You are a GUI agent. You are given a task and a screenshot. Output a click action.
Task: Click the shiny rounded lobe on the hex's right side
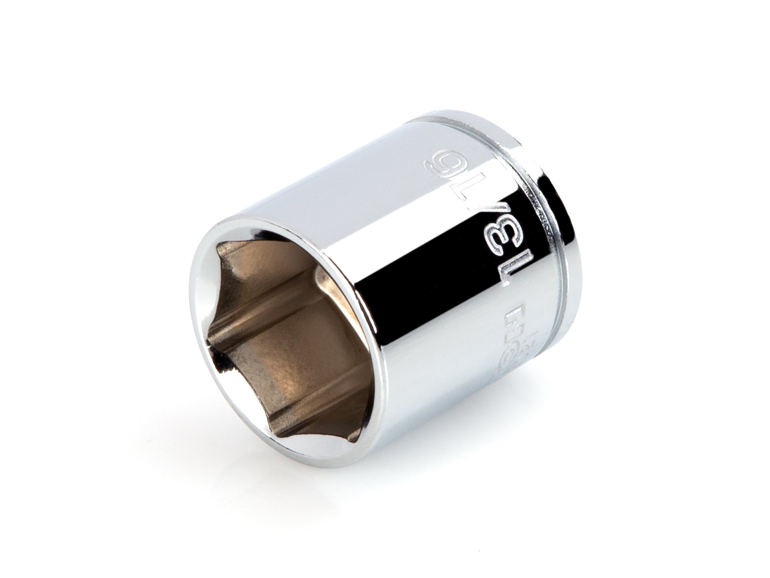coord(327,293)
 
